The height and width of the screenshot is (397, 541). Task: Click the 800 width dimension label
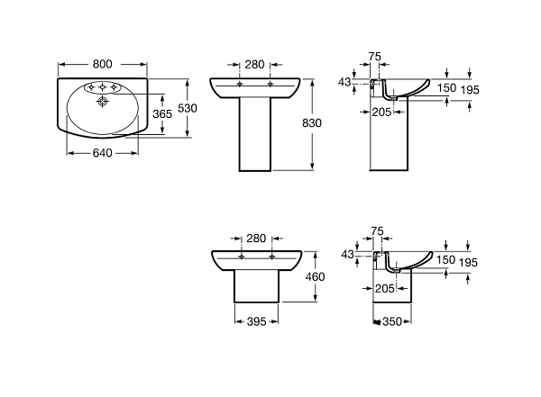(103, 64)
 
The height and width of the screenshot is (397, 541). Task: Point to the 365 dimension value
(162, 114)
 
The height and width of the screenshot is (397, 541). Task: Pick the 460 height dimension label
(314, 277)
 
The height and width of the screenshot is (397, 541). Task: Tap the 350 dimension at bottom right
(390, 320)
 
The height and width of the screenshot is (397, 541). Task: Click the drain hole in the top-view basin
(102, 104)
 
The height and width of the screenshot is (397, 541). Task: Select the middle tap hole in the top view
(104, 88)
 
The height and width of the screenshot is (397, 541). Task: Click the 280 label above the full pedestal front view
(255, 64)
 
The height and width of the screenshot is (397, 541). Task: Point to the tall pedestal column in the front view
(255, 135)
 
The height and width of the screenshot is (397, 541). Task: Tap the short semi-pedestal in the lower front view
(255, 288)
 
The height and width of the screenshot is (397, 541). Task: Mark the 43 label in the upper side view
(344, 82)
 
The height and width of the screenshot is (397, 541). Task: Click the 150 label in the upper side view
(445, 88)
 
